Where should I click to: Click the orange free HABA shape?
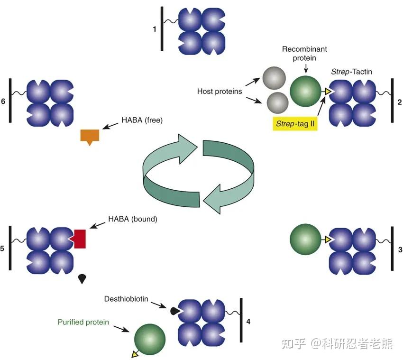pos(89,136)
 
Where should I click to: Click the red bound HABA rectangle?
pos(79,239)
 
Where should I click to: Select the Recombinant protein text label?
pos(304,54)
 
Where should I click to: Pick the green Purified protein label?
pos(83,322)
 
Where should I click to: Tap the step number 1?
pos(155,29)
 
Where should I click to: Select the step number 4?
pos(249,322)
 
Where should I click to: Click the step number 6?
pos(3,102)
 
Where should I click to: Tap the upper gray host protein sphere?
pos(273,78)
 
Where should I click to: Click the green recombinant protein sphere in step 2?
pos(305,91)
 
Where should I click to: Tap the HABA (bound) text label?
pos(133,219)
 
